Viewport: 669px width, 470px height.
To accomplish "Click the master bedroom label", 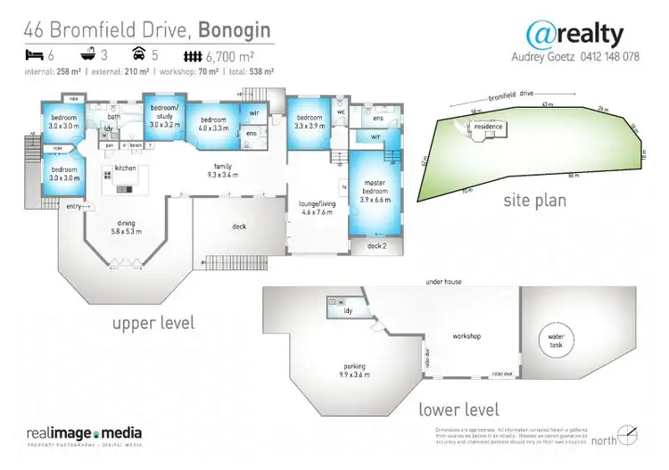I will click(372, 190).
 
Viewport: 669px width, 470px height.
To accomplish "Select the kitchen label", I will click(124, 168).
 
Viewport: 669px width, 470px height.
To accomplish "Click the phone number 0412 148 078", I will click(614, 55).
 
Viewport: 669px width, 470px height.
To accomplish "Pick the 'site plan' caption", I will click(534, 201).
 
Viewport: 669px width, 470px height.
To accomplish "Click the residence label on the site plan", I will click(488, 127).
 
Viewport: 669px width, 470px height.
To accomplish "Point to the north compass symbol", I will click(630, 436).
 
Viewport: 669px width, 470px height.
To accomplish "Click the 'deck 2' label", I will click(376, 245).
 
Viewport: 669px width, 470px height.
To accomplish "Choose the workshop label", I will click(467, 336).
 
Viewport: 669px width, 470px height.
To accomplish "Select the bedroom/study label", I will click(165, 116).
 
